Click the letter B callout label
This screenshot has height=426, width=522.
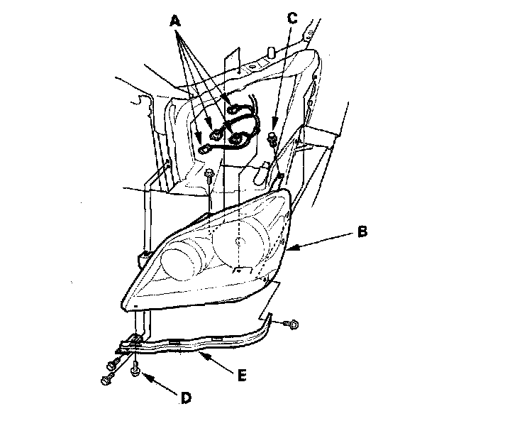point(362,231)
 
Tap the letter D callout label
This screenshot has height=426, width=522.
point(186,398)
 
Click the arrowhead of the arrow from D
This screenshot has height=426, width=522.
point(143,373)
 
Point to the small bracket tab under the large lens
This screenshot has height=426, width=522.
point(241,271)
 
